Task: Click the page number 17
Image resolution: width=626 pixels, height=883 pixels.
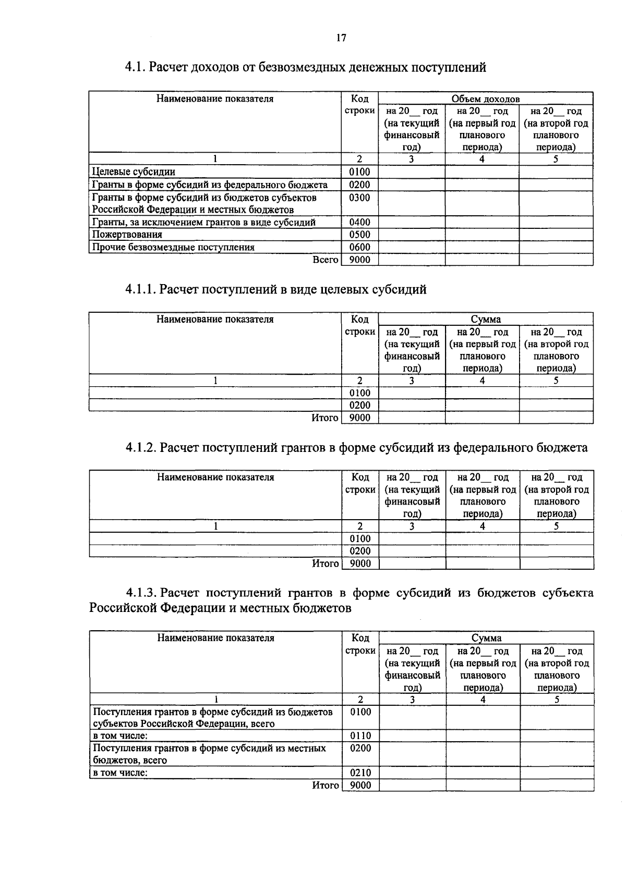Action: click(341, 38)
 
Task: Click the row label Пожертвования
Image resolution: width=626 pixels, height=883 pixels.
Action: click(127, 235)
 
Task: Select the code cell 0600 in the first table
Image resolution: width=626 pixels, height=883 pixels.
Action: click(359, 247)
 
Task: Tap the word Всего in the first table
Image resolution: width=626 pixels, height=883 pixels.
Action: click(326, 260)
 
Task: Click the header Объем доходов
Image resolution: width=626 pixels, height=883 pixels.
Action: click(485, 99)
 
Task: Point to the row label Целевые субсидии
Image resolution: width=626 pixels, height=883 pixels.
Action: click(134, 172)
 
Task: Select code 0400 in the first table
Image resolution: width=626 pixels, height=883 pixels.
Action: click(359, 223)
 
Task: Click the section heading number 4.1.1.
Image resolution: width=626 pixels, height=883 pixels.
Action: click(140, 290)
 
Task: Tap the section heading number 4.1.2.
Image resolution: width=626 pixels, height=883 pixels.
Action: click(141, 448)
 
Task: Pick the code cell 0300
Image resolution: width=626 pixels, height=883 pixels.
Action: click(359, 198)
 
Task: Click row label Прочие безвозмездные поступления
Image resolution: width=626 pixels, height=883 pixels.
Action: click(173, 247)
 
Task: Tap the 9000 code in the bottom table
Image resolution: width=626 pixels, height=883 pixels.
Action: click(360, 786)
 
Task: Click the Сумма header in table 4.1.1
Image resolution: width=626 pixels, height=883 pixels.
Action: click(486, 320)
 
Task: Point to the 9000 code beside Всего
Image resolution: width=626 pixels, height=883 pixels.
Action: click(359, 260)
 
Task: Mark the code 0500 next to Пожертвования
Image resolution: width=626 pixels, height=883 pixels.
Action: click(359, 235)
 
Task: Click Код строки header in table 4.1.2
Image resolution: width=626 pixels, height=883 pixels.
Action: click(360, 483)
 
